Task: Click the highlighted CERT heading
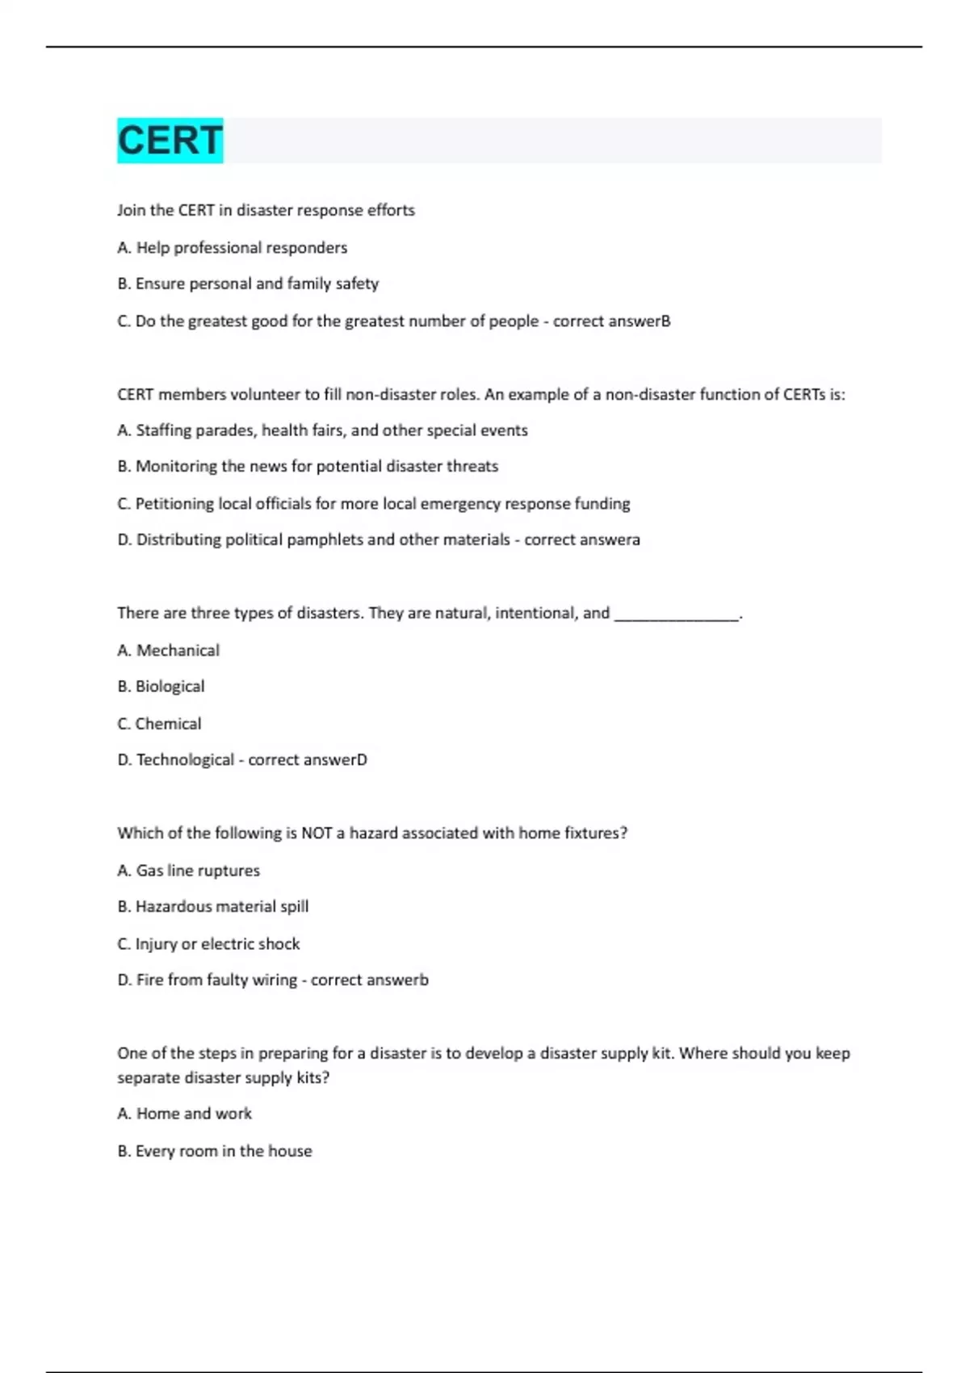pos(170,141)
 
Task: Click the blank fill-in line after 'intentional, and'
pos(677,615)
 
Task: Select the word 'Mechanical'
pos(178,650)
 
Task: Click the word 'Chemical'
pos(168,724)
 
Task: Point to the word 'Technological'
pos(185,760)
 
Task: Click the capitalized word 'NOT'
pos(317,833)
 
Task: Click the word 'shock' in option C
pos(279,944)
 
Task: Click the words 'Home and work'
pos(194,1114)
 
